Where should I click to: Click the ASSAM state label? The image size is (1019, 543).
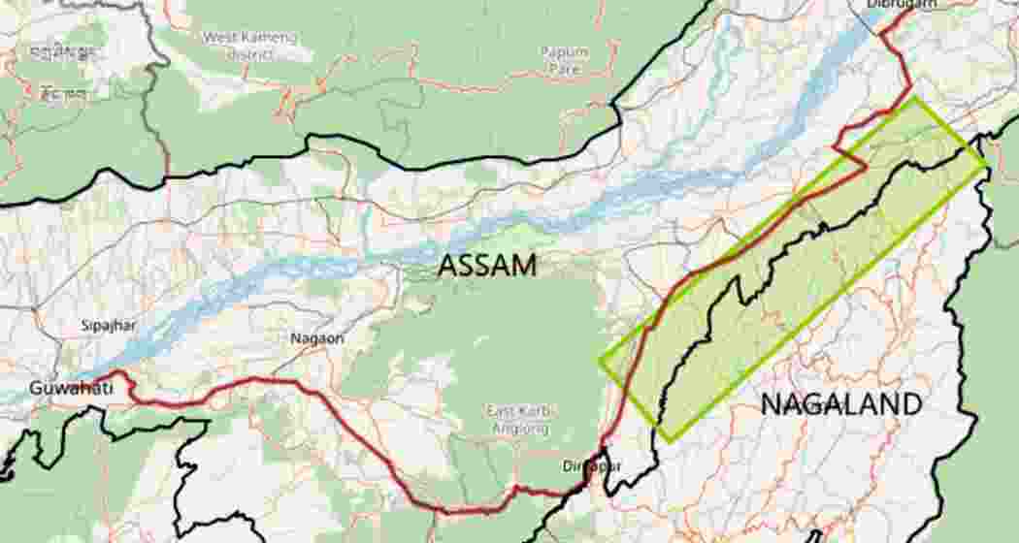point(486,265)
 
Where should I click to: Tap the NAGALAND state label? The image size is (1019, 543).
point(839,404)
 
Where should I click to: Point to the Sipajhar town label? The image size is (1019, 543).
point(109,326)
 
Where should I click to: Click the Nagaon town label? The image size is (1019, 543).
point(317,338)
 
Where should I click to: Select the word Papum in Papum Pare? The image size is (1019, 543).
point(564,50)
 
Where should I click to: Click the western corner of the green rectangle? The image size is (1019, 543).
point(600,363)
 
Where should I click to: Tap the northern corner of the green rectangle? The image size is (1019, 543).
point(913,97)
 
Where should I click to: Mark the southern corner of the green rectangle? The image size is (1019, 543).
point(661,441)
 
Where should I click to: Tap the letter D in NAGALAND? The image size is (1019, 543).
point(906,404)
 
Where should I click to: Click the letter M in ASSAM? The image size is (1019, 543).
point(521,265)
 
